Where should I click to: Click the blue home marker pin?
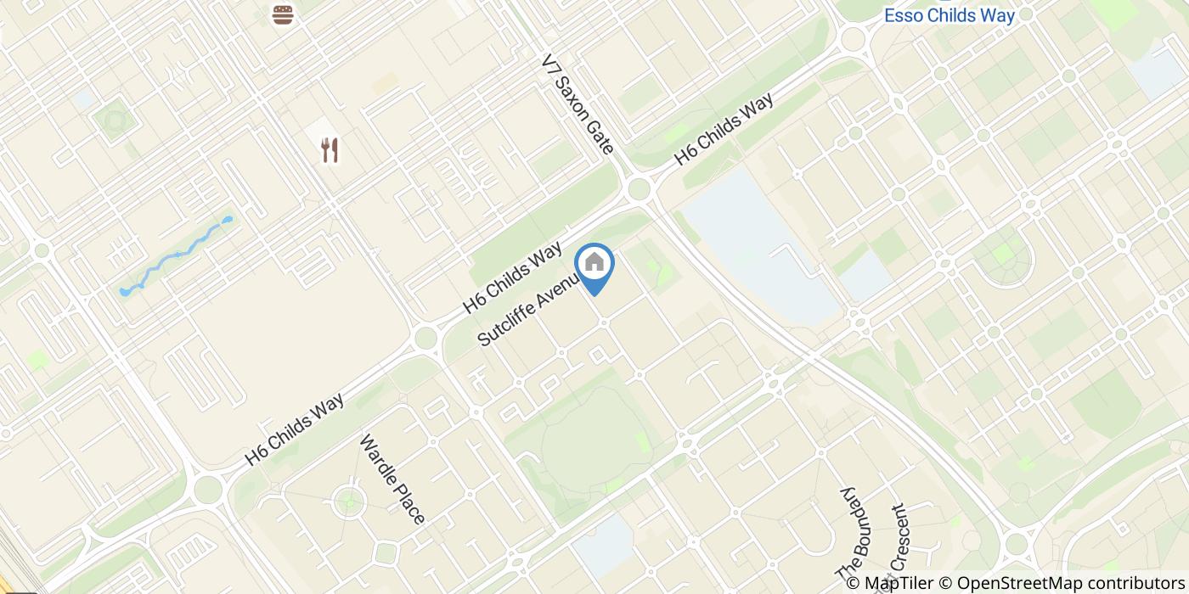click(x=594, y=265)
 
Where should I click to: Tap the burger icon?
click(x=283, y=14)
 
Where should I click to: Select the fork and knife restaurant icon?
click(x=330, y=151)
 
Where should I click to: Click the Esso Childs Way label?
click(x=950, y=15)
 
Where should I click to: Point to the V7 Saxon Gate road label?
click(x=578, y=105)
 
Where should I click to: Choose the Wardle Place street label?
click(x=392, y=479)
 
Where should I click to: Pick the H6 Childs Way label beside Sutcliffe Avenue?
click(x=513, y=277)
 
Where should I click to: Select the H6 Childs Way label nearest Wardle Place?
click(x=295, y=429)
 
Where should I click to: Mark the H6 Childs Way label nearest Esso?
click(x=724, y=130)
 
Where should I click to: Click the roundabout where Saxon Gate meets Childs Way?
click(x=640, y=188)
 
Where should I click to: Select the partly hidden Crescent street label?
click(x=899, y=543)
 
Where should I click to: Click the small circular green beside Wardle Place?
click(x=347, y=503)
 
